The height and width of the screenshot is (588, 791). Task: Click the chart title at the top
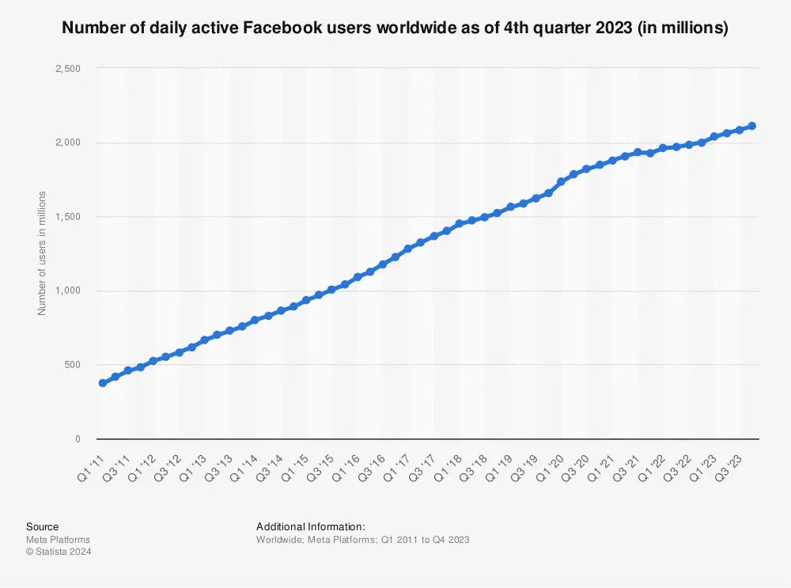point(395,28)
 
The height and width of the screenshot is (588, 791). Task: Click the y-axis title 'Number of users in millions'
point(43,253)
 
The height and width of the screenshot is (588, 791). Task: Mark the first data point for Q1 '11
point(102,383)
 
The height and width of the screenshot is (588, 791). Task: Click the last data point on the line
point(752,126)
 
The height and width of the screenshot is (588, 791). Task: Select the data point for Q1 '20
point(561,182)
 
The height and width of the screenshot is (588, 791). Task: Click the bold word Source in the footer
point(42,527)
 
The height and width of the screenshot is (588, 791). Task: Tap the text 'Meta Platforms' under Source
point(58,540)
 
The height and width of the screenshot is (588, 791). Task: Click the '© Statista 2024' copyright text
point(59,552)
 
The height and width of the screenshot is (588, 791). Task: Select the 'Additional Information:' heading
point(311,527)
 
